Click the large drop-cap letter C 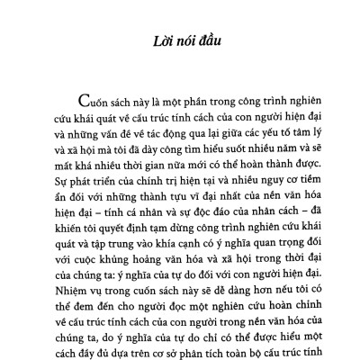(89, 101)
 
